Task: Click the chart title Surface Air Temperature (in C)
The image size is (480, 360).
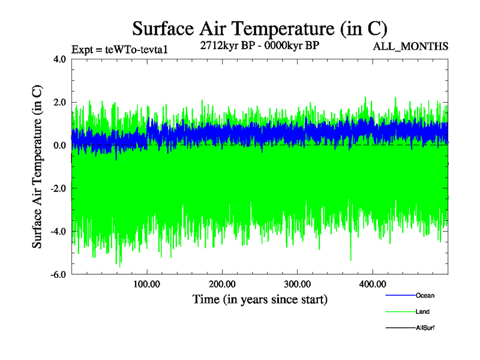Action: pos(259,28)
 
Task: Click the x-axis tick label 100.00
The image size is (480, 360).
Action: pos(147,284)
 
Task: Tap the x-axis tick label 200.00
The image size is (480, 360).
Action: pos(222,284)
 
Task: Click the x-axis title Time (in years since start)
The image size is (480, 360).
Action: pos(260,299)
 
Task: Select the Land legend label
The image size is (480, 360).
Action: pos(422,311)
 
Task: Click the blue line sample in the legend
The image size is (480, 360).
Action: pos(400,295)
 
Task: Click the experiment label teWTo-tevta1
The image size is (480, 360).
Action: pos(119,49)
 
